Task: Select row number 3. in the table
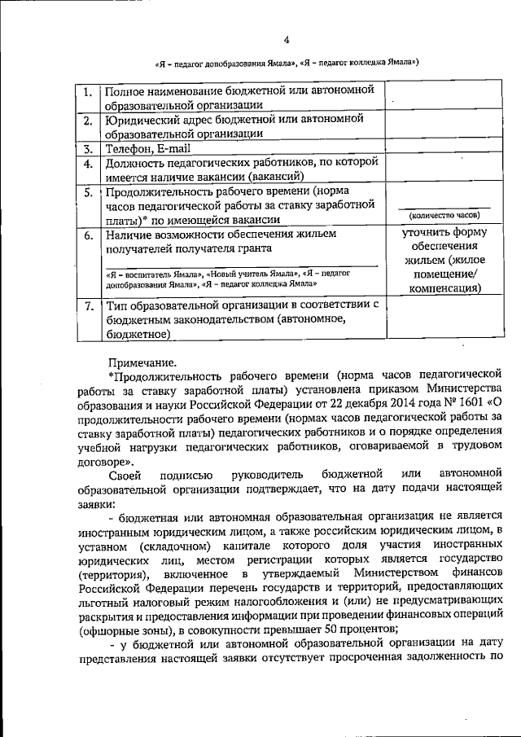88,149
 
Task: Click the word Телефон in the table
128,149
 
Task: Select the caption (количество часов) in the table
444,215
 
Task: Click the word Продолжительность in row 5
159,193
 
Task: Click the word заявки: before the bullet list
97,502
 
